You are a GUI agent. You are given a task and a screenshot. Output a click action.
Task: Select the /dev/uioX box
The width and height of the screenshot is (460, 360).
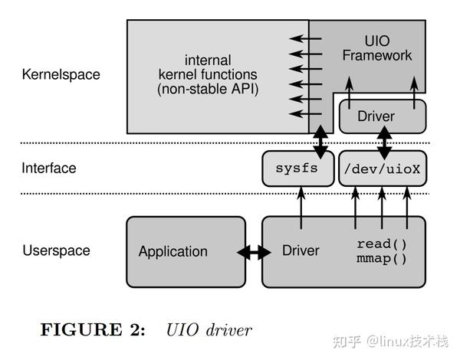coord(382,168)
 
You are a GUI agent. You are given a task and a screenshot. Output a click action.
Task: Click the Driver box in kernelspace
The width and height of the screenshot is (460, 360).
coord(382,116)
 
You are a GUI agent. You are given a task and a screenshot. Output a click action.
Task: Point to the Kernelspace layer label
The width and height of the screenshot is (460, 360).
coord(61,75)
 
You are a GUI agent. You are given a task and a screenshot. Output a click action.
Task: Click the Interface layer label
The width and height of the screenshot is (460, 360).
coord(49,168)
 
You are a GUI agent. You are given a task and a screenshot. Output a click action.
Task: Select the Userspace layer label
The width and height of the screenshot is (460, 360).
coord(56,250)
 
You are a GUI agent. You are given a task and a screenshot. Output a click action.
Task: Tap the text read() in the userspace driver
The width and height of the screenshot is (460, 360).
coord(381,244)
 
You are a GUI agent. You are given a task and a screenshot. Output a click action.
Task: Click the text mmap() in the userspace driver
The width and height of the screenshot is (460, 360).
coord(381,258)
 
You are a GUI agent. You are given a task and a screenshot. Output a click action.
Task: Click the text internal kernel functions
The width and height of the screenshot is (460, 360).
coord(208,67)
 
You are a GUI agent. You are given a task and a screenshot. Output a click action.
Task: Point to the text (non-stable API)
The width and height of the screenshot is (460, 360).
coord(208,90)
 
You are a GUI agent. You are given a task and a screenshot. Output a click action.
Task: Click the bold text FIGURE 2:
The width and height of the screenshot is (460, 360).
coord(92,329)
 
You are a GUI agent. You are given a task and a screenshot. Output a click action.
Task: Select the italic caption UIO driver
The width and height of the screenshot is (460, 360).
coord(209,329)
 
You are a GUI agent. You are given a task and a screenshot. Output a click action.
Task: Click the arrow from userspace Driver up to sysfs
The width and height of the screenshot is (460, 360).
coord(301,207)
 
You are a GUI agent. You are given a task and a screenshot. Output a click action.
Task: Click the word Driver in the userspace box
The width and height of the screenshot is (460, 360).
coord(301,251)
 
